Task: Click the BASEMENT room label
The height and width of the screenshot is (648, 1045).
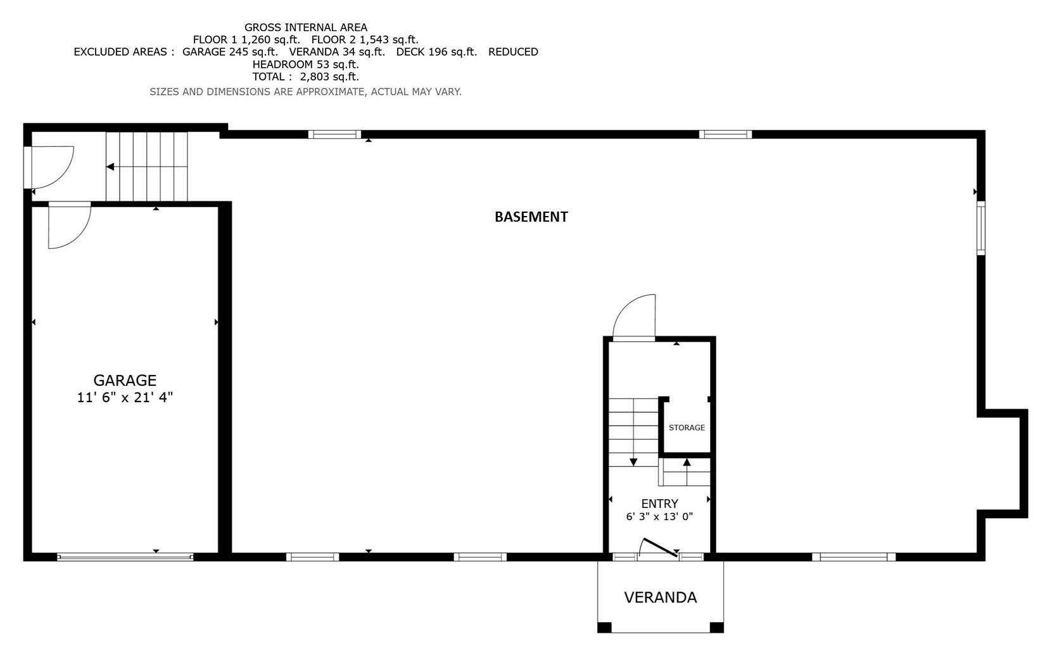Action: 531,217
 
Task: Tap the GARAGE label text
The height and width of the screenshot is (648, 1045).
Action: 125,380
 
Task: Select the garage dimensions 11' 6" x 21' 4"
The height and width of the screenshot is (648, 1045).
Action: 125,398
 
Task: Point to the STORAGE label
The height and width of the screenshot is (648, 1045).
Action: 687,428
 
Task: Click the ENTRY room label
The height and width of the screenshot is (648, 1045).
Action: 659,504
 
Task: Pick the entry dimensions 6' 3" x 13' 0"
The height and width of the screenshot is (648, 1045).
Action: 659,516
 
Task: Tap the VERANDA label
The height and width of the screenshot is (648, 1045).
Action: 660,597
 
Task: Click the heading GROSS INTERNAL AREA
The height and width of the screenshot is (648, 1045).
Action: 305,27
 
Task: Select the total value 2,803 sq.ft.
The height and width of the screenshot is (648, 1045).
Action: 329,77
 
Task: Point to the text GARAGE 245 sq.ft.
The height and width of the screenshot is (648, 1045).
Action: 230,52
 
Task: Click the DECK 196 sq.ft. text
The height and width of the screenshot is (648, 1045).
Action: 436,52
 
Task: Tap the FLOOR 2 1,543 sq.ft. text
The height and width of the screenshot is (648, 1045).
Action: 365,39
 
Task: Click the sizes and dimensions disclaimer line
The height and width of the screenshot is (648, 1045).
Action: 305,92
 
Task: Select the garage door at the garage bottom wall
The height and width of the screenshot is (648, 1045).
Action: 125,557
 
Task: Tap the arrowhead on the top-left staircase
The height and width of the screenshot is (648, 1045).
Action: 110,167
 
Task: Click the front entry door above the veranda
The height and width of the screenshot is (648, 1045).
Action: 659,549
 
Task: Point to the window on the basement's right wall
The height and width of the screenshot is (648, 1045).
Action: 980,227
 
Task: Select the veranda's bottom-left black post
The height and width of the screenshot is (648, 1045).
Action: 604,627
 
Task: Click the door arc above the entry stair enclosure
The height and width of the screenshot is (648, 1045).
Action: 634,317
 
